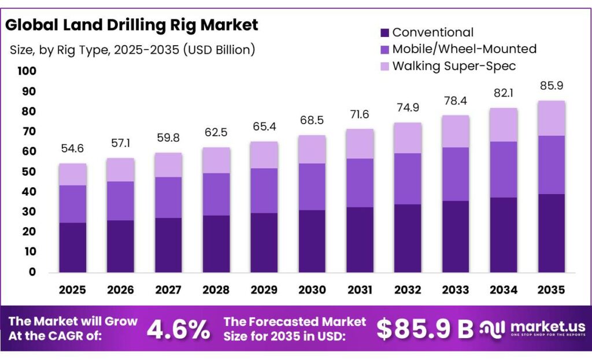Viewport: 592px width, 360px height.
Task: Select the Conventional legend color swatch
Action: (x=384, y=33)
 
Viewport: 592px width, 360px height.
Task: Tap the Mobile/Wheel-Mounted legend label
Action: (x=464, y=49)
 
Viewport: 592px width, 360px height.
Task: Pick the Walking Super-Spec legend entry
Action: (x=454, y=66)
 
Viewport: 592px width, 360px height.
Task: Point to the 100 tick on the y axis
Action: (x=27, y=71)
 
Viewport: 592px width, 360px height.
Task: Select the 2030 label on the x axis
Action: (x=312, y=289)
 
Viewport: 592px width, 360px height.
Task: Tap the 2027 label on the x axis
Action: (x=168, y=289)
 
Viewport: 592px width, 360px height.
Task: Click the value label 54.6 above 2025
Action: (x=72, y=149)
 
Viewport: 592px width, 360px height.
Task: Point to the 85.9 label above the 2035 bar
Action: (x=551, y=86)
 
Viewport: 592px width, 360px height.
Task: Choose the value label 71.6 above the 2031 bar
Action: (x=360, y=114)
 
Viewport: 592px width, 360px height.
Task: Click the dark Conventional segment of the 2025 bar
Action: (x=72, y=247)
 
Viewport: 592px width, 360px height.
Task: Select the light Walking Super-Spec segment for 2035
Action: (x=551, y=118)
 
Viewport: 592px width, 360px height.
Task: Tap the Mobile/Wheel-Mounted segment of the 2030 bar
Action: (x=312, y=187)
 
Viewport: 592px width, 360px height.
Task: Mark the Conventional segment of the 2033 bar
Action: (x=456, y=236)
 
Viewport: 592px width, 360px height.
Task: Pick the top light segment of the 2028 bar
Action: (x=216, y=160)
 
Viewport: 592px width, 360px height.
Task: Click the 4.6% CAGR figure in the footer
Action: (x=178, y=330)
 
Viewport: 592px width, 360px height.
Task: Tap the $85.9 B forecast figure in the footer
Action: (x=425, y=329)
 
